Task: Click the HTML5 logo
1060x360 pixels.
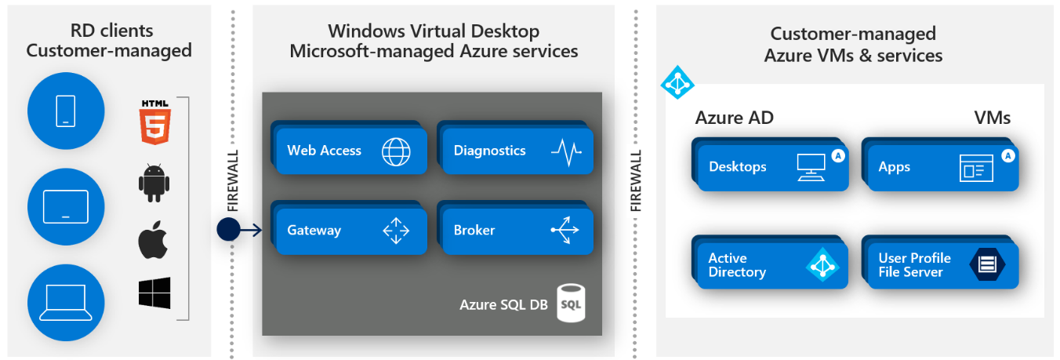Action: pos(154,122)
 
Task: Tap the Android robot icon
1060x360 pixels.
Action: pos(154,183)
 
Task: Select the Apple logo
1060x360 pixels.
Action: pos(154,240)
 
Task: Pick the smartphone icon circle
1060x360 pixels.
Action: pos(66,111)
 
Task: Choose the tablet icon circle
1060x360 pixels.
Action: pos(66,207)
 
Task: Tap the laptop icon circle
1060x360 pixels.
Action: pos(66,302)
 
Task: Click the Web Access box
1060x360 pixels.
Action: pos(350,151)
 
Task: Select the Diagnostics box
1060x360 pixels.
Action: pos(516,151)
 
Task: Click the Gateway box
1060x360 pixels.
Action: pos(350,231)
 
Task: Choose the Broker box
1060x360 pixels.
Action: pos(516,231)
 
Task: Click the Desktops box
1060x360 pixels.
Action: pos(771,167)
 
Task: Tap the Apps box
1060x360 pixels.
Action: pos(941,167)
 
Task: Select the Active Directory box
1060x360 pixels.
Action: pos(771,265)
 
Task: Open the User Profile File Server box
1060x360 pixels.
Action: pos(941,265)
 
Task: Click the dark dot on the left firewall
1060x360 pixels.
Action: pos(227,230)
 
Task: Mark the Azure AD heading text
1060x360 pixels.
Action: pos(734,118)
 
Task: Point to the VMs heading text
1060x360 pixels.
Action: pos(992,118)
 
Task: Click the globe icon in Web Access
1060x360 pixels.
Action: pos(396,151)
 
